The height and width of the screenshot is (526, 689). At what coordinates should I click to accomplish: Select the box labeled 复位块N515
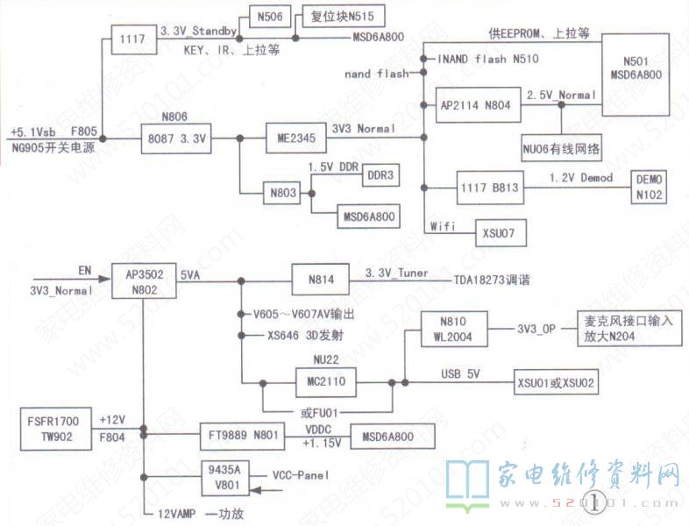click(x=333, y=16)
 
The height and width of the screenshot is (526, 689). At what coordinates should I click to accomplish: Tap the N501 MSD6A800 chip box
click(x=642, y=68)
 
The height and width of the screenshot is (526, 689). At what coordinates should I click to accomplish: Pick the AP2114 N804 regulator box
click(x=473, y=103)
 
